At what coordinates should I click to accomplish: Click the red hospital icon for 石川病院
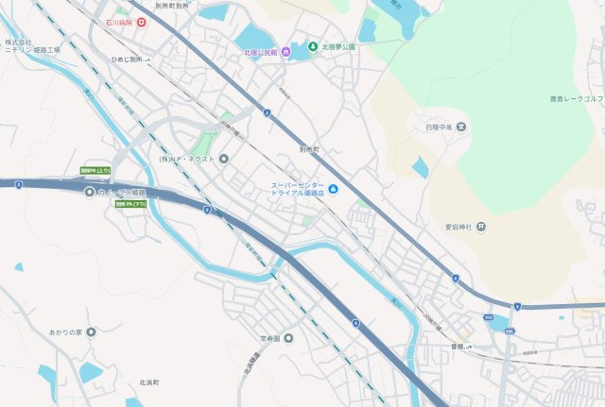[141, 21]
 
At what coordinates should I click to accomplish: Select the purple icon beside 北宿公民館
[285, 52]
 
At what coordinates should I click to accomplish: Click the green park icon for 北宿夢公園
[312, 46]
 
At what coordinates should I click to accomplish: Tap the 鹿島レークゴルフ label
[578, 97]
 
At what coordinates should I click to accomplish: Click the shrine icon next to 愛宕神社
[481, 226]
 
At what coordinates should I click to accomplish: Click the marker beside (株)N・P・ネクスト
[224, 159]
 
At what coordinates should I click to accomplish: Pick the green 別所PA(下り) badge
[131, 204]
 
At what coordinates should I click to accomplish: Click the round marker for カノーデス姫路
[90, 193]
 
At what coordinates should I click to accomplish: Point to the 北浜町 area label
[149, 382]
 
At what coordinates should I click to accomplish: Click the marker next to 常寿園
[288, 338]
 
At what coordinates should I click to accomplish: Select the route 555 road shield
[510, 331]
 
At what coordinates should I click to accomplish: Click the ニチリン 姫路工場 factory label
[31, 46]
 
